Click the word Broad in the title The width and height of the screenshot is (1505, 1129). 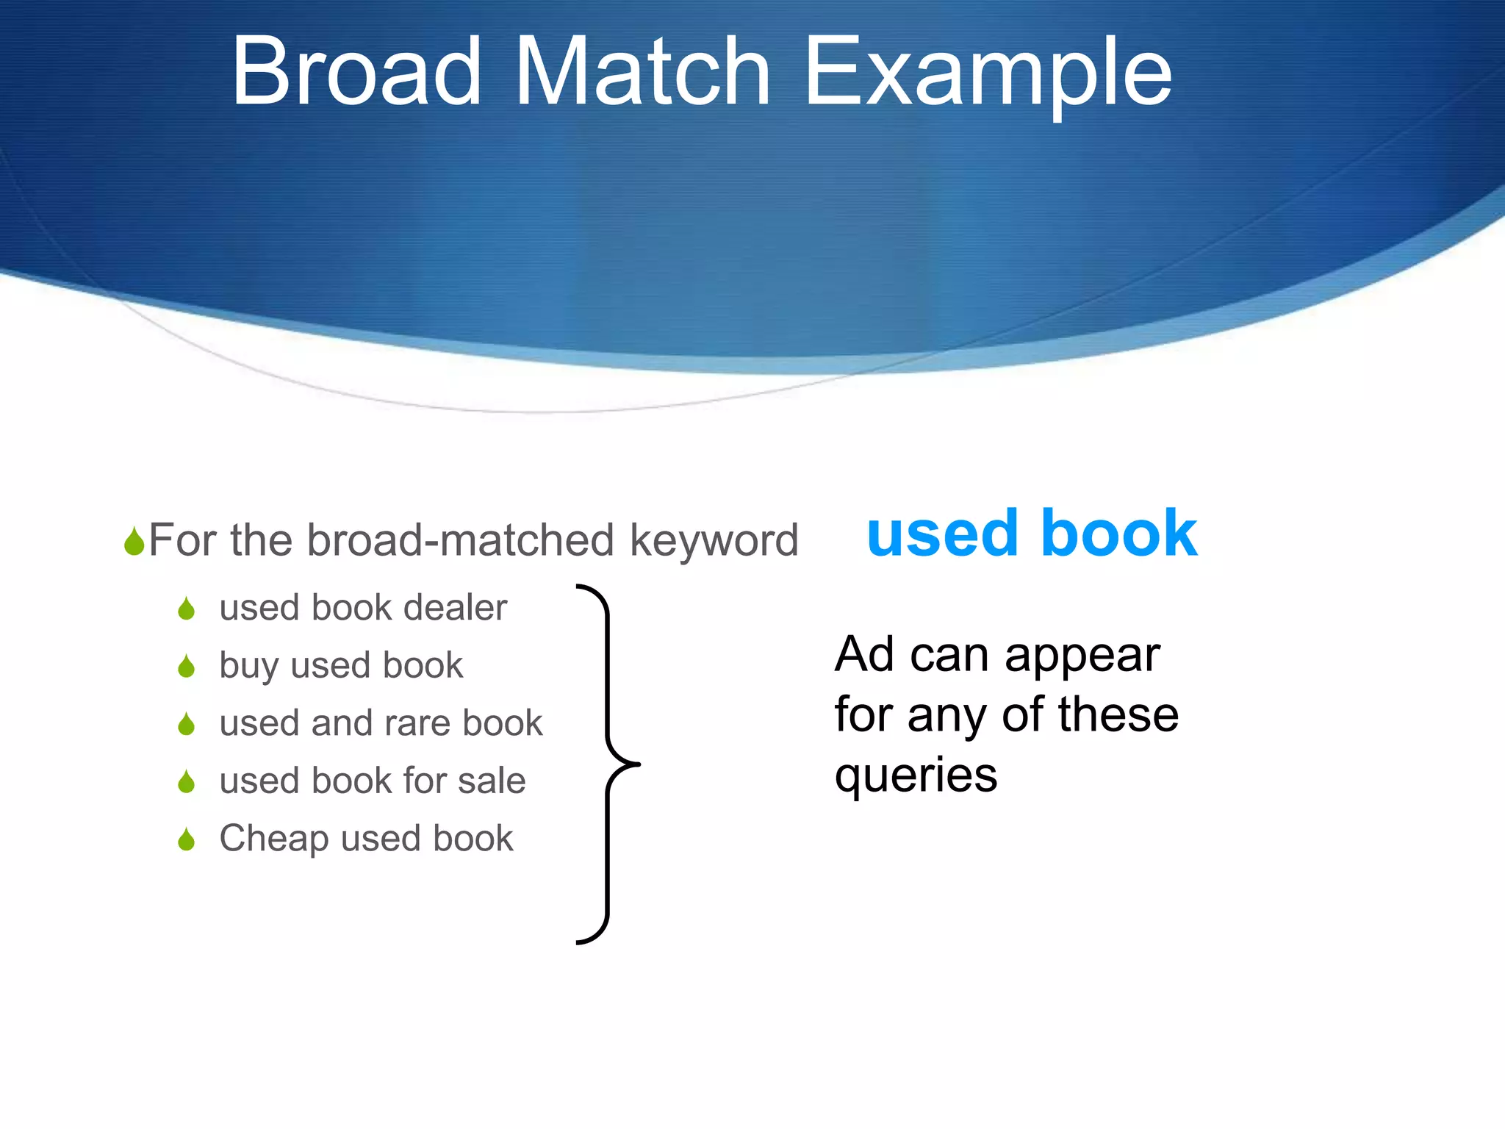356,72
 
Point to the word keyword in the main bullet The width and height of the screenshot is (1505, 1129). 714,541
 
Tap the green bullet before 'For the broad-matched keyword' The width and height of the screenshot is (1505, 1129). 134,542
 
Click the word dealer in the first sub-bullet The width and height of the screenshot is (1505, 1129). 455,608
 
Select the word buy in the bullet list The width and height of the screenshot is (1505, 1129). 248,667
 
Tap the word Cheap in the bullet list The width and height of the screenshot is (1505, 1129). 274,839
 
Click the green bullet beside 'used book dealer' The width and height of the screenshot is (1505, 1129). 187,609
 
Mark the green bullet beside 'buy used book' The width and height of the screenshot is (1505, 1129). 187,667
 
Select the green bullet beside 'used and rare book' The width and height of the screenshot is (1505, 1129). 187,724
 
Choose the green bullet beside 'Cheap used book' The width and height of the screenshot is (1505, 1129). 187,839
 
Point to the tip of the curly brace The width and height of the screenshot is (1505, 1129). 638,764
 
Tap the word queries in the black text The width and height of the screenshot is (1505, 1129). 916,775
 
